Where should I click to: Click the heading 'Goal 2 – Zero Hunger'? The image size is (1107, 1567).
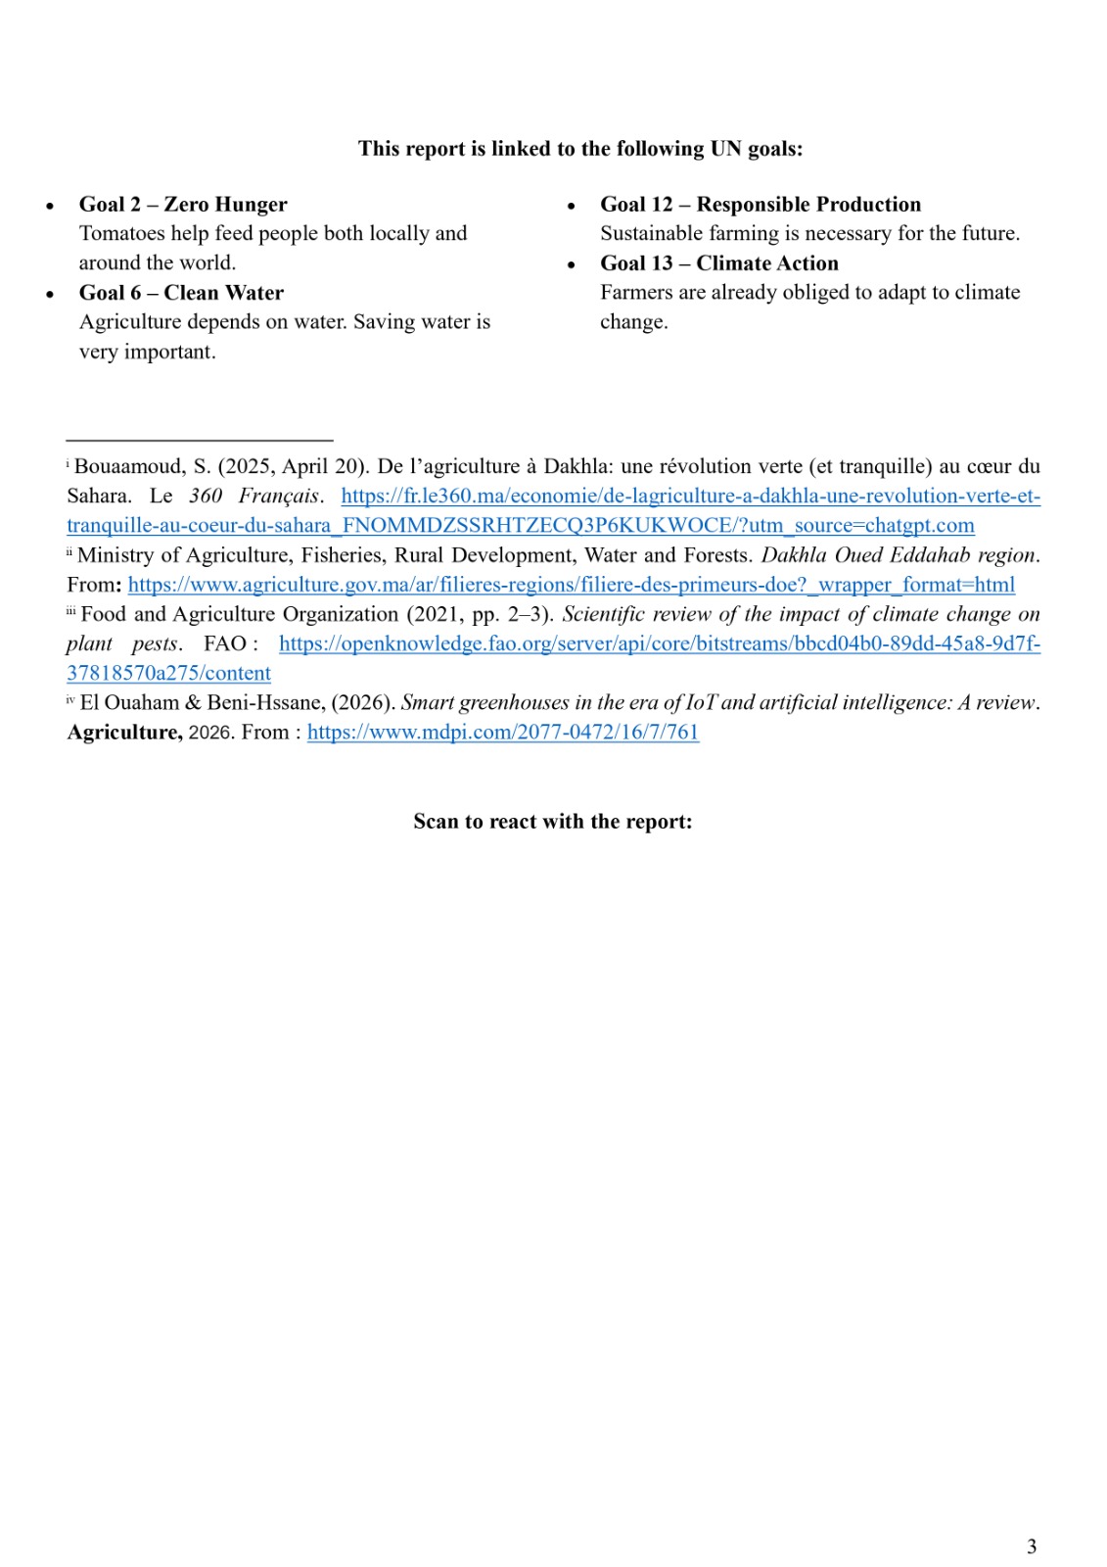[x=183, y=205]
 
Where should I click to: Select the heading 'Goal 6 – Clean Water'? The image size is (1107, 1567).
[x=181, y=293]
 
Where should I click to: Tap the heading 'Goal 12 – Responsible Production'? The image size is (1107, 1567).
[x=761, y=205]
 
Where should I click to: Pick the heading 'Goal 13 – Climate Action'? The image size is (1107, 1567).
[x=719, y=263]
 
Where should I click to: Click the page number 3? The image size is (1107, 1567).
[x=1032, y=1546]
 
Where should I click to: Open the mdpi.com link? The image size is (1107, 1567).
[x=503, y=733]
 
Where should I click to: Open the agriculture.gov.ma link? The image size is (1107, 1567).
[x=571, y=585]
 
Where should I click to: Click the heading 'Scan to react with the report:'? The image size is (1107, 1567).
[x=553, y=822]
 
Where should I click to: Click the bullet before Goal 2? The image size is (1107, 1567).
[x=50, y=207]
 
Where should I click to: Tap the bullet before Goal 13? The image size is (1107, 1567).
[x=571, y=265]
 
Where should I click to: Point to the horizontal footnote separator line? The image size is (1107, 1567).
[x=200, y=441]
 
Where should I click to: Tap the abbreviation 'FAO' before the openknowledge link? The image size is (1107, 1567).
[x=225, y=644]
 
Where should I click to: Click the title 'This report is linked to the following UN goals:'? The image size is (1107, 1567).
[x=580, y=149]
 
